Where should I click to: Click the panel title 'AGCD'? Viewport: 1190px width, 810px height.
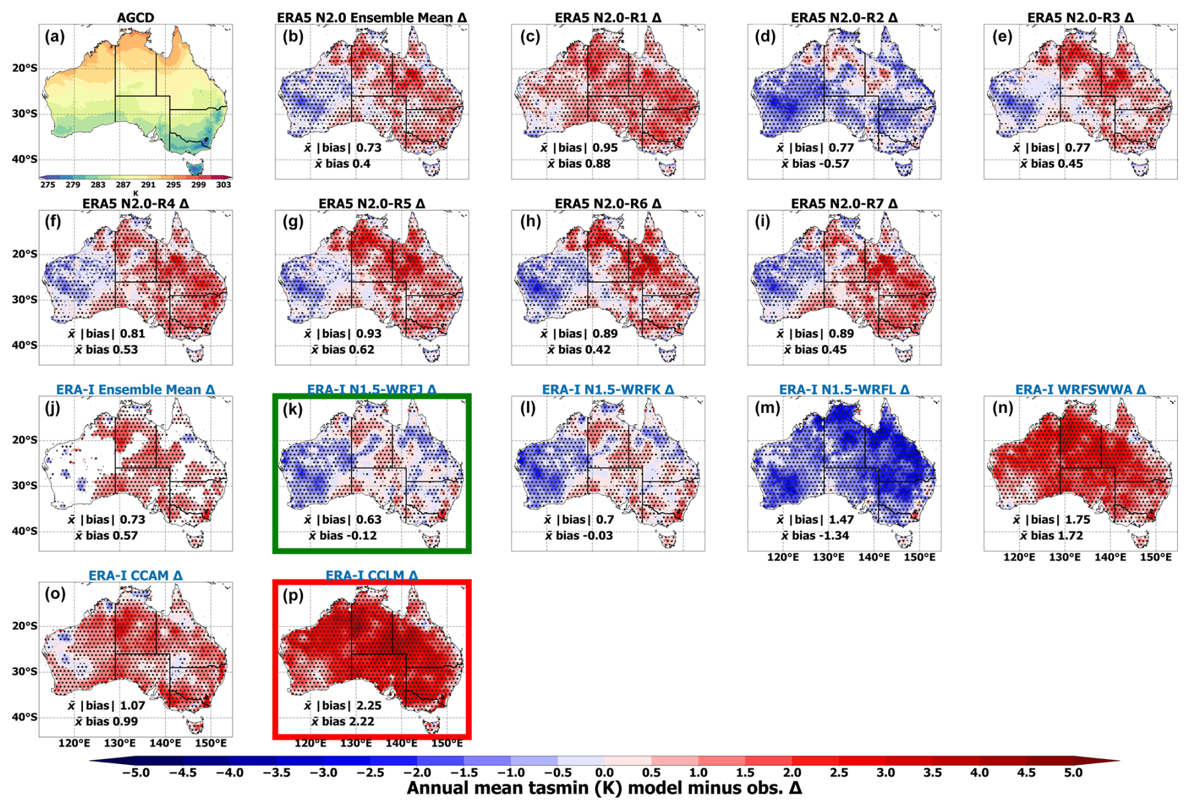pos(135,18)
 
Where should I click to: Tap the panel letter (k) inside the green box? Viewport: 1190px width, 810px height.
pos(293,410)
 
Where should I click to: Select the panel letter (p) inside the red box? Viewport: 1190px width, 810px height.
pos(293,595)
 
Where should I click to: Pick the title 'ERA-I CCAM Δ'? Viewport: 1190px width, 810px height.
pos(135,575)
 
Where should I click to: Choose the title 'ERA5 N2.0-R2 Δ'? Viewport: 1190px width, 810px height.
pos(844,18)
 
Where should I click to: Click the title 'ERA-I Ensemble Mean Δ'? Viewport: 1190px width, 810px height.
pos(135,390)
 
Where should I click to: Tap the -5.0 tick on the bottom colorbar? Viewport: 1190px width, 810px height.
pos(136,773)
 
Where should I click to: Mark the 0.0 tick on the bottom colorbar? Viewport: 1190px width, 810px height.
pos(604,773)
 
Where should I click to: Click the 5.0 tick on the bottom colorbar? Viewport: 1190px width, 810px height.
pos(1073,773)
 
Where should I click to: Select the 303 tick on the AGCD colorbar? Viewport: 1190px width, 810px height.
pos(223,185)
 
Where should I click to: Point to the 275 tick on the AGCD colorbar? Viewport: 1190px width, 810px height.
pos(48,185)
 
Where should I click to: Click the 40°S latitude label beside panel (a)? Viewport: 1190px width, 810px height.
pos(25,159)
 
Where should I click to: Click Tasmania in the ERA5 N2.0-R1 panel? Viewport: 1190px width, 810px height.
pos(666,168)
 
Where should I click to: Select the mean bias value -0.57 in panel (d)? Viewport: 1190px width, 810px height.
pos(830,164)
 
